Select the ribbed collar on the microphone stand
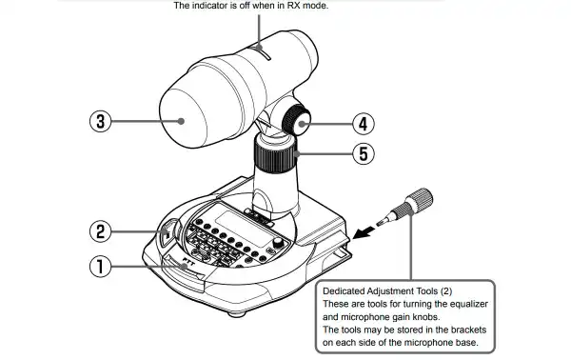click(275, 152)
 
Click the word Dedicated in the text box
click(347, 290)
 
